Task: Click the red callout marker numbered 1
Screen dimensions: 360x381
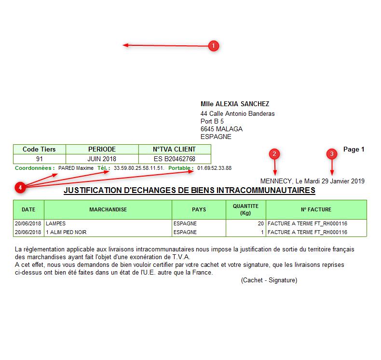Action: click(214, 46)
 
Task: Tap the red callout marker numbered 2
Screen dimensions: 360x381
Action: click(274, 154)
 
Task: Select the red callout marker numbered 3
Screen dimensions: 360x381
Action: click(331, 154)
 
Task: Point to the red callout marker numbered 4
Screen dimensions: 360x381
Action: click(20, 187)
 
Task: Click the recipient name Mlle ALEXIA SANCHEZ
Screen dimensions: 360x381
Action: click(235, 104)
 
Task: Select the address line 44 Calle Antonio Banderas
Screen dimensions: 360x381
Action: click(238, 114)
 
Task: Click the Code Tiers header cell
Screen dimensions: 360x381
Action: click(39, 150)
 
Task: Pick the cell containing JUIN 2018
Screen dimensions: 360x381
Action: click(102, 159)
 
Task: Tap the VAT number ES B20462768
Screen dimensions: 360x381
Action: click(175, 159)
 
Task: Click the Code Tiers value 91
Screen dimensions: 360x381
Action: click(40, 159)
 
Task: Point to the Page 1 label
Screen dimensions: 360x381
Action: click(354, 150)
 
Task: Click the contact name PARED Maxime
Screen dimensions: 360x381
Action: click(76, 168)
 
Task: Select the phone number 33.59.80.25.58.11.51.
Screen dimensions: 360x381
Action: click(139, 168)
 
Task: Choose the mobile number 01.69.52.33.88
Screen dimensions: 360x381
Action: click(214, 168)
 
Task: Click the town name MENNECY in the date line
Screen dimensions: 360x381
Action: click(276, 181)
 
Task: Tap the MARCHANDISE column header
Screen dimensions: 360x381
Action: click(108, 210)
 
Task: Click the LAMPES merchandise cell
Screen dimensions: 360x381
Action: click(56, 224)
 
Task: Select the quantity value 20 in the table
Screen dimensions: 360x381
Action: click(260, 224)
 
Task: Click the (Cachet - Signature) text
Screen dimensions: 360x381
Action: click(269, 280)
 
